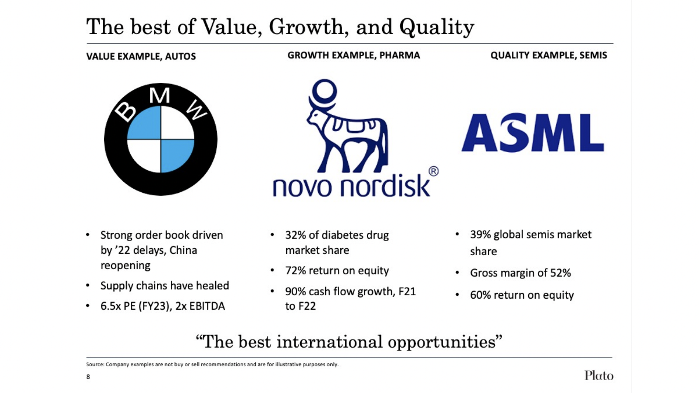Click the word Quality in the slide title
(x=437, y=27)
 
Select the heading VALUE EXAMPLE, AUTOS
(x=141, y=56)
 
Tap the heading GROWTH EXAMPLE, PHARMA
(x=354, y=55)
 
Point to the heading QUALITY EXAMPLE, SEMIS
(x=549, y=55)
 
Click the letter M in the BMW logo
(x=160, y=95)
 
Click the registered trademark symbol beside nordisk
(x=434, y=171)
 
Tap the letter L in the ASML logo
(x=590, y=133)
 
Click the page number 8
(x=88, y=377)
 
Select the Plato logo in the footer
(x=599, y=376)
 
